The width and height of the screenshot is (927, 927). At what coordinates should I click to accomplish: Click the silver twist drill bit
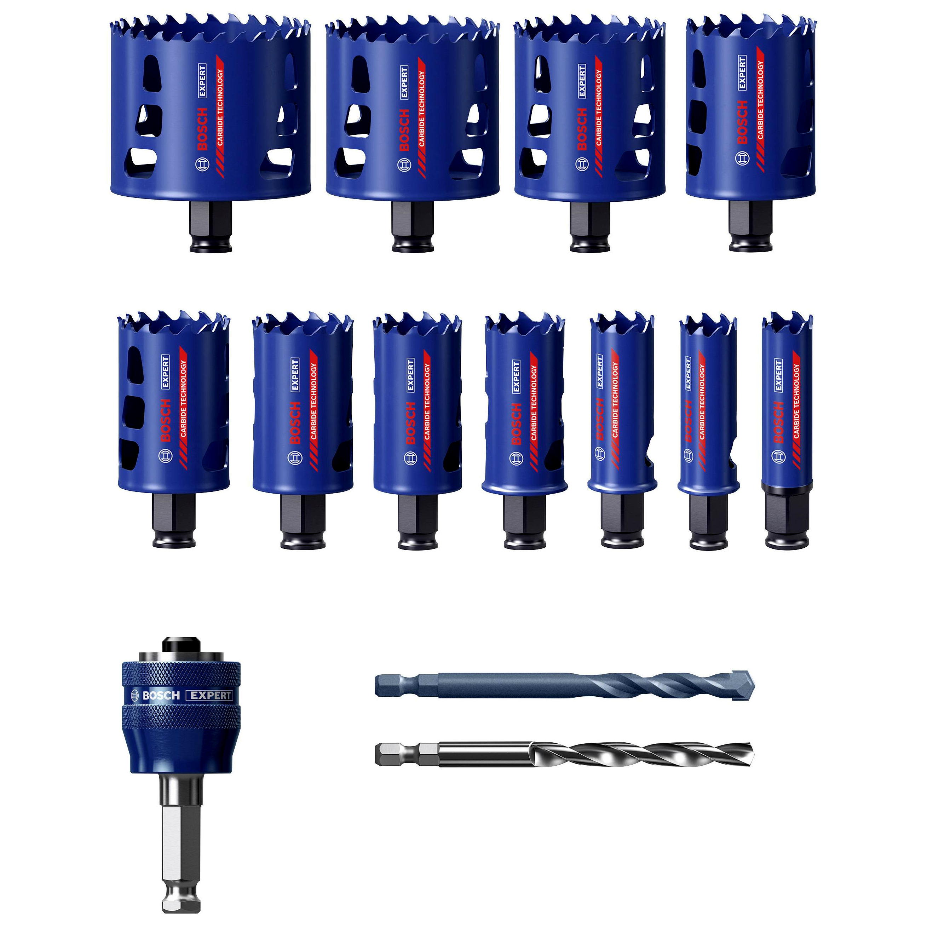pyautogui.click(x=564, y=755)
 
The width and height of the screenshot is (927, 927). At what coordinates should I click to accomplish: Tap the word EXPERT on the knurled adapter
pyautogui.click(x=209, y=696)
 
